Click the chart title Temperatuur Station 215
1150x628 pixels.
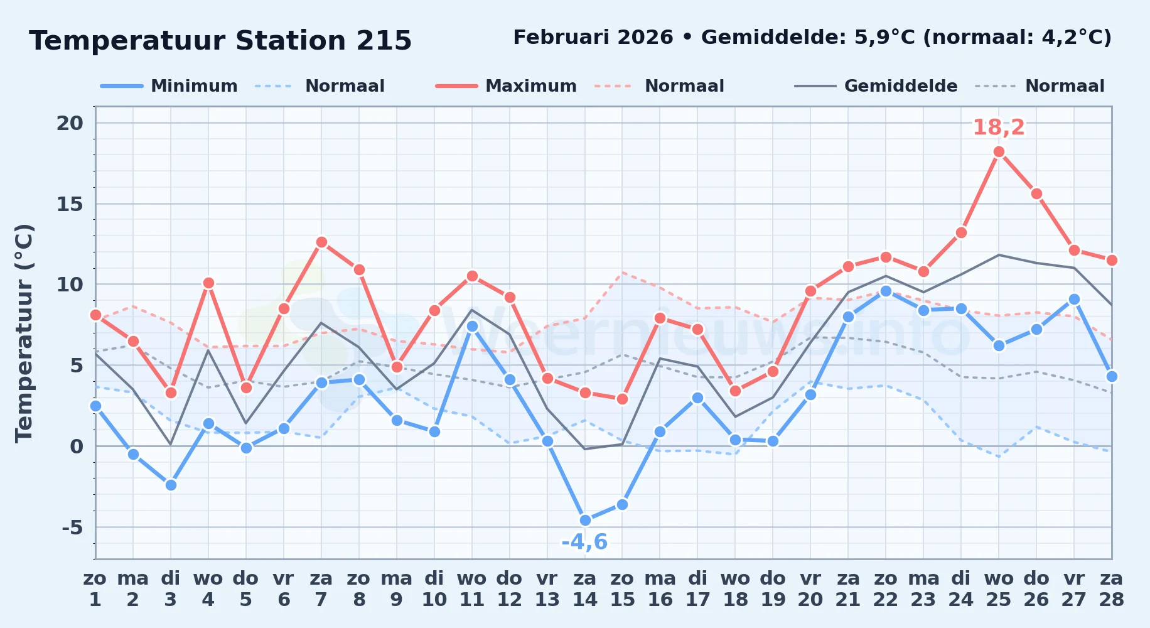pos(220,41)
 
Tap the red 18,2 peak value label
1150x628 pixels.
pos(999,127)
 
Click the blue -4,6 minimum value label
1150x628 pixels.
pos(584,541)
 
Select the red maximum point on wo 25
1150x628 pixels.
pos(999,152)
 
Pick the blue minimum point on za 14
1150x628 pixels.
pos(585,520)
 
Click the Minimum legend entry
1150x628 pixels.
pos(169,86)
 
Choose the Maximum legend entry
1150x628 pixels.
pos(506,86)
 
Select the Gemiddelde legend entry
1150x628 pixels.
pos(876,86)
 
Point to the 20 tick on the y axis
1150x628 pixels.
pos(70,123)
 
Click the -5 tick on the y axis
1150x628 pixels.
pos(72,527)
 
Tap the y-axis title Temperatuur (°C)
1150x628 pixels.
pos(24,333)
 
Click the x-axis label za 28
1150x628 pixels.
pos(1111,588)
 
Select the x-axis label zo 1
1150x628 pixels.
pos(95,588)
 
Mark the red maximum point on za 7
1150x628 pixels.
pos(321,242)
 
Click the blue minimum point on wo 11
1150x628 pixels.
pos(472,327)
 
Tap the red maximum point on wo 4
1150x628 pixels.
pos(208,283)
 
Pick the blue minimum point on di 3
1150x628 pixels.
pos(171,485)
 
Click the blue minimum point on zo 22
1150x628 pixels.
pos(886,291)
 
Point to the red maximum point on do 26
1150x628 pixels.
pos(1036,194)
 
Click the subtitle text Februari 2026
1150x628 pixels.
pos(593,38)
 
